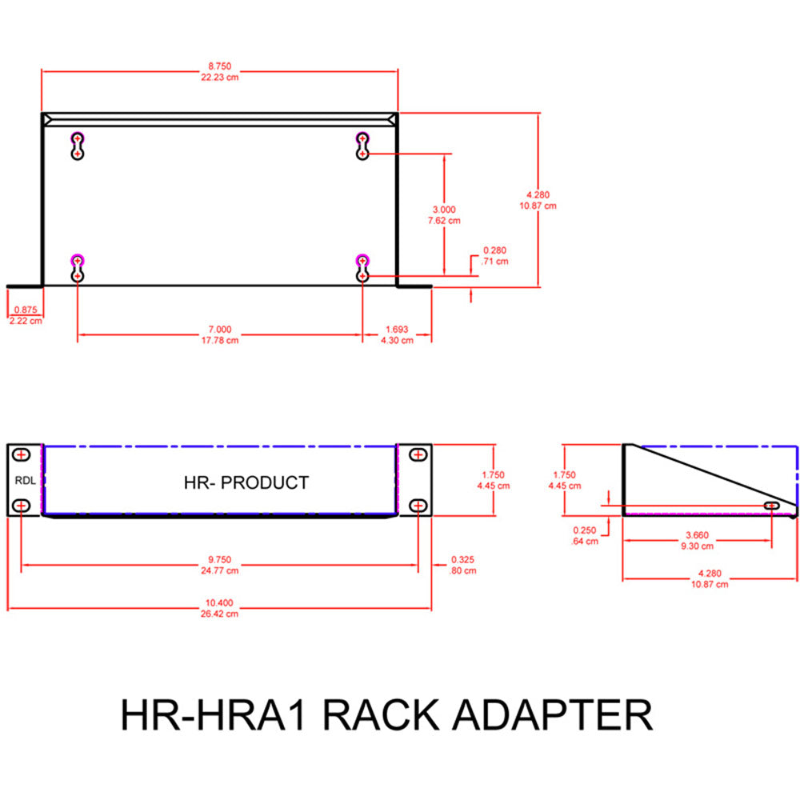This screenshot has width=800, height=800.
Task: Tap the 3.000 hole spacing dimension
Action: click(445, 210)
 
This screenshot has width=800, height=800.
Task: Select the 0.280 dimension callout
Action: click(494, 250)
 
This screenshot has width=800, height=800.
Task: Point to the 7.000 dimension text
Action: click(219, 329)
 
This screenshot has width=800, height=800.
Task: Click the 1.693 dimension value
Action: click(397, 329)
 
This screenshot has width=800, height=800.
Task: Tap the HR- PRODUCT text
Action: click(246, 482)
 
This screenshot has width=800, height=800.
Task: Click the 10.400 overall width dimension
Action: click(219, 603)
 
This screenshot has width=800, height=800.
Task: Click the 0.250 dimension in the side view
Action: click(585, 530)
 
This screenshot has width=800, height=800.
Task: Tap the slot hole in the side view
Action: click(772, 506)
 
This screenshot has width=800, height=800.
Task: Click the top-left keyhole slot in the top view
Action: click(77, 145)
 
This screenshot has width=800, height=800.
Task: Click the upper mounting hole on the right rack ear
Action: click(418, 455)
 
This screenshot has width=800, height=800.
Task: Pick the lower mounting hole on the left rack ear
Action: click(22, 506)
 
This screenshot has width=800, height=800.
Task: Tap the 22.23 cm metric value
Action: click(220, 77)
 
